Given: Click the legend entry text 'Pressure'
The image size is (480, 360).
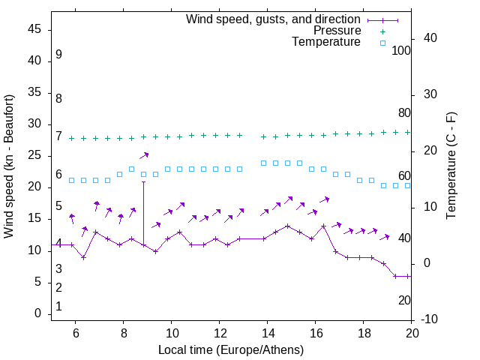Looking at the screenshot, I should point(337,31).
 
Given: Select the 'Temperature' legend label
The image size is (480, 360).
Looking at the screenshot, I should point(326,42).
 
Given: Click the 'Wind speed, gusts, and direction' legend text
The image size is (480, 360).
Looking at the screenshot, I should point(274,19).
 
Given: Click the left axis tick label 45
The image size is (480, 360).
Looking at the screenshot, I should point(34,29).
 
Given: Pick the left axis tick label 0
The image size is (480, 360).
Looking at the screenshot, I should point(37,313).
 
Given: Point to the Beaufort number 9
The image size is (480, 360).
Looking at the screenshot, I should point(58,55).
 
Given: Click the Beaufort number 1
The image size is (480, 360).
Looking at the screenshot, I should point(58,307).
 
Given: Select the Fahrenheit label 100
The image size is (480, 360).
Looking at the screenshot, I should point(402,50).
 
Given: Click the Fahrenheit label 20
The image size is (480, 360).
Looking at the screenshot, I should point(404,300).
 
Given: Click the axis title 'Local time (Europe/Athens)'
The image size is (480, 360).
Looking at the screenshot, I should point(231,349).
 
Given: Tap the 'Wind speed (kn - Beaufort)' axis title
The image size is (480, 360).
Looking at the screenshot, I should point(9,166).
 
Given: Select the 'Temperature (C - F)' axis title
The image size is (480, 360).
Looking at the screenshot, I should point(451,166).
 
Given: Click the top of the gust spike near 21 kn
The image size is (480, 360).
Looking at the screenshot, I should point(143,181).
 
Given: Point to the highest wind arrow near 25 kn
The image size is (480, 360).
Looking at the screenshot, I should point(144,155).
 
